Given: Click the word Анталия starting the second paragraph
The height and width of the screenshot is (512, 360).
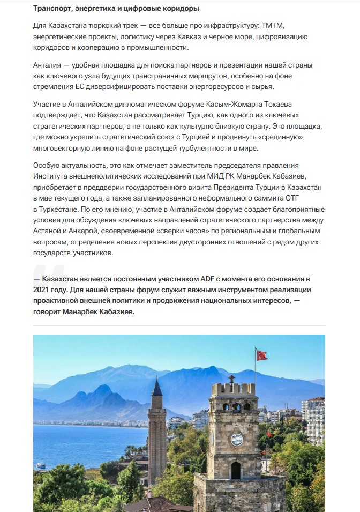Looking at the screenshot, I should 48,65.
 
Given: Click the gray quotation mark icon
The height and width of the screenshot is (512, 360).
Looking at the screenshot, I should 45,272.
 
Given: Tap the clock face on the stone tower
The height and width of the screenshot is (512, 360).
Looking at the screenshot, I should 236,439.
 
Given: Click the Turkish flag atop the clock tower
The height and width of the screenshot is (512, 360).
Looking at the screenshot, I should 261,355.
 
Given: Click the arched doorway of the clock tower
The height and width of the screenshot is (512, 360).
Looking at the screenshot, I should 236,470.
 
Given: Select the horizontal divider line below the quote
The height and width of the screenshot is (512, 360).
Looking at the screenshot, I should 179,325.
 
